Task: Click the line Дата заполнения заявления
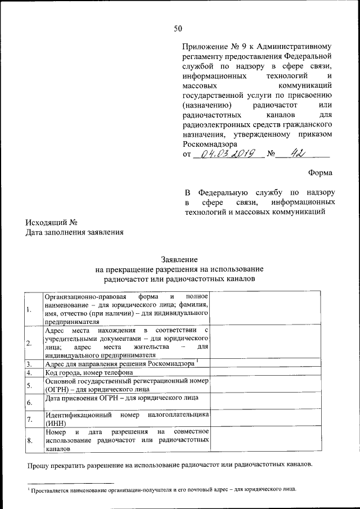(x=74, y=232)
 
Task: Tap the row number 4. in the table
(x=28, y=372)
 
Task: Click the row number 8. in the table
(x=29, y=440)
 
